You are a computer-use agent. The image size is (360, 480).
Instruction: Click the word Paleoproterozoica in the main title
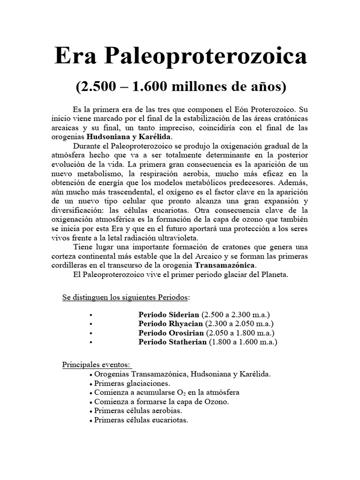coord(207,57)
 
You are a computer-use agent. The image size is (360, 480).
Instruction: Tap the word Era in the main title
coord(77,57)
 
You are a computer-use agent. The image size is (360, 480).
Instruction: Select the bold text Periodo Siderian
coord(169,314)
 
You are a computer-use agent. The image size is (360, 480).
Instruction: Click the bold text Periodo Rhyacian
coord(171,323)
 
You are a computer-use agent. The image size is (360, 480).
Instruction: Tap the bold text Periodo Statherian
coord(172,342)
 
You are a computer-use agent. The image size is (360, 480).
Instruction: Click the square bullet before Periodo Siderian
coord(90,315)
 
